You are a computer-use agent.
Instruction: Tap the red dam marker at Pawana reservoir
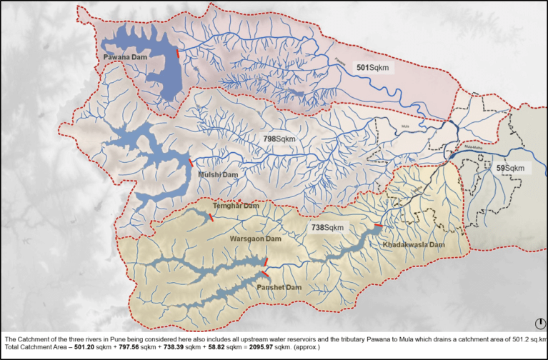[x=177, y=52]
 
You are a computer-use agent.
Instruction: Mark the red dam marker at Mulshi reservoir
[x=191, y=163]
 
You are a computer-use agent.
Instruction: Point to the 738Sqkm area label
[x=327, y=227]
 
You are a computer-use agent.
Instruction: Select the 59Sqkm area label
[x=511, y=168]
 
